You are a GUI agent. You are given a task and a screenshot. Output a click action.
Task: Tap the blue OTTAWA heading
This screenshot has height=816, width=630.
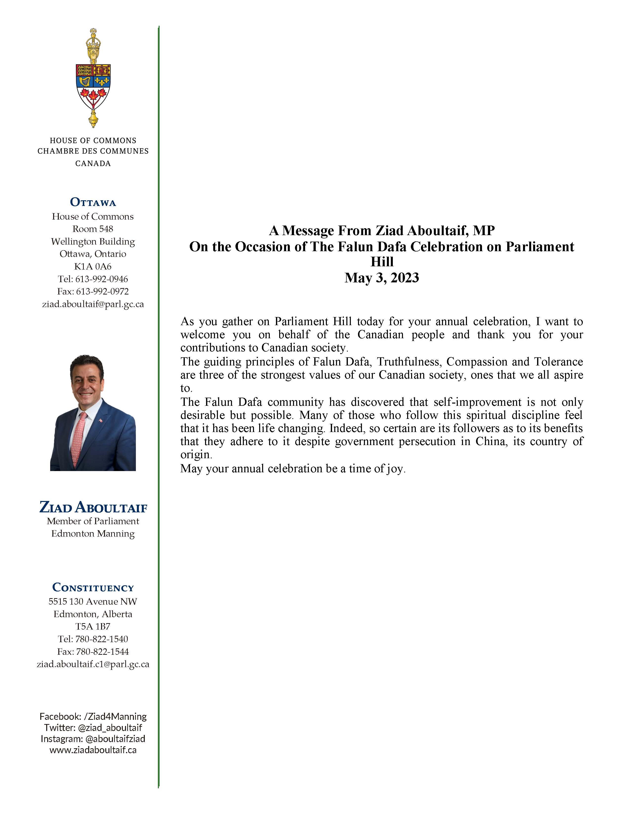point(93,203)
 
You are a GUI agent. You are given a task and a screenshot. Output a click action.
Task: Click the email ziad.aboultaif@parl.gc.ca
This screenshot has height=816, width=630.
point(93,304)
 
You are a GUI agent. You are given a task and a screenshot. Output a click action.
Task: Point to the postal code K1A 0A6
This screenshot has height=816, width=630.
point(93,266)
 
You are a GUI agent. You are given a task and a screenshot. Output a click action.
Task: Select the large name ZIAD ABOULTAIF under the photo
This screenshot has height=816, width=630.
point(93,507)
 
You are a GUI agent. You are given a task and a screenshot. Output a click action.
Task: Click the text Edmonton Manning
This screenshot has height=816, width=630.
point(93,534)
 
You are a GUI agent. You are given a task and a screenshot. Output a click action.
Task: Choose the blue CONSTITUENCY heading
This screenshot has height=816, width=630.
point(93,588)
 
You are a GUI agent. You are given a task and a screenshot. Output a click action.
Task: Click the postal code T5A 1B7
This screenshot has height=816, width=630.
point(93,627)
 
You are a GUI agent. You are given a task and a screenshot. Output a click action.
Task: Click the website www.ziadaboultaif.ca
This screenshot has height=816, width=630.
point(93,750)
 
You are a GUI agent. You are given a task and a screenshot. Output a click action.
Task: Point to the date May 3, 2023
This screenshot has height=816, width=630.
point(382,278)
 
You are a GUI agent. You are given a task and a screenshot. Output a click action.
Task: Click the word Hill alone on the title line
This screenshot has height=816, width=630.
point(382,262)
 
